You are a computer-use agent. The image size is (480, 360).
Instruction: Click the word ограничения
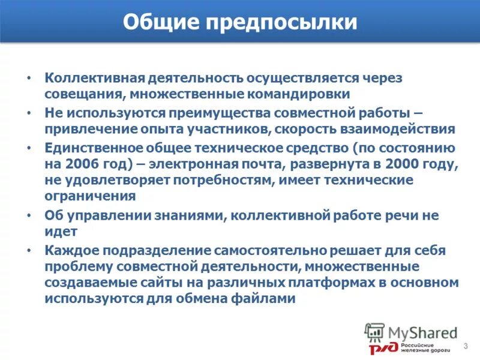(89, 196)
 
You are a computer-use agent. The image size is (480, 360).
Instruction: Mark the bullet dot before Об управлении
(28, 215)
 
